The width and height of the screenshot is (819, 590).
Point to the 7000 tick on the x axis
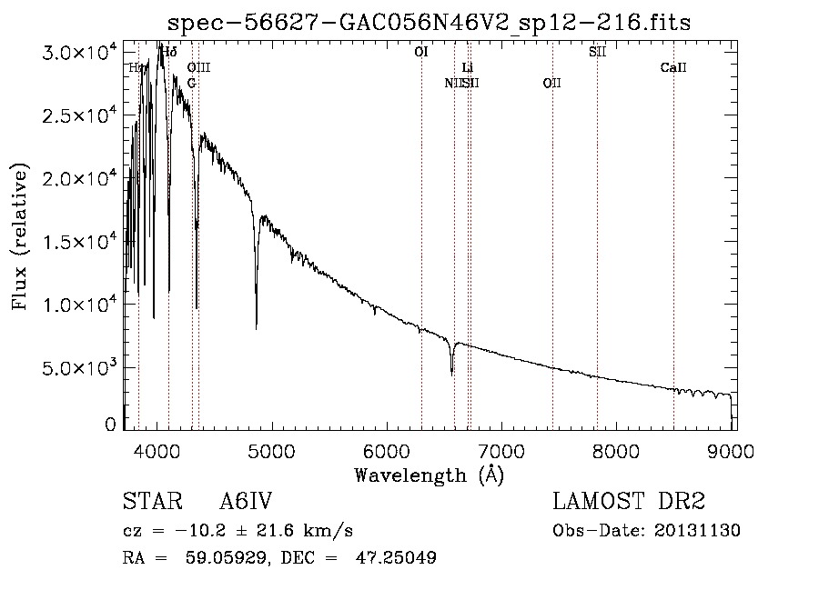tap(502, 450)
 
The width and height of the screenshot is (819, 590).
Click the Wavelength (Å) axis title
tap(429, 475)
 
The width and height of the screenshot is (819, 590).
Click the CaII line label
tap(673, 67)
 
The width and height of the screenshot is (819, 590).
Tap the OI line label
tap(420, 52)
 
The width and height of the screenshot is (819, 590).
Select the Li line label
tap(468, 67)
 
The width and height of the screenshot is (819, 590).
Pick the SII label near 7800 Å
tap(597, 52)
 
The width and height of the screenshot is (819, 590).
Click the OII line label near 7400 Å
tap(551, 83)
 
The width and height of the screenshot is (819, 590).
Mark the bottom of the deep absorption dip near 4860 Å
tap(256, 325)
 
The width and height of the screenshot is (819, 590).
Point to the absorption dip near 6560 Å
tap(452, 371)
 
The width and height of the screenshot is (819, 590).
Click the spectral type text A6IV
tap(247, 502)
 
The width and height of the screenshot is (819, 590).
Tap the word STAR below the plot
tap(147, 502)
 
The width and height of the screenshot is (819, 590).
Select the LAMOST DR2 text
tap(629, 502)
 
